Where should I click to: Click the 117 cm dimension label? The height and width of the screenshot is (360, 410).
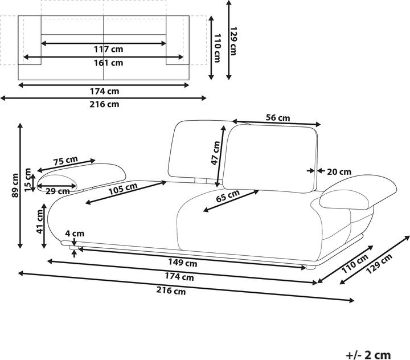[x=109, y=49]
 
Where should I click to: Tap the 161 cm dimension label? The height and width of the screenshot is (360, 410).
[x=109, y=63]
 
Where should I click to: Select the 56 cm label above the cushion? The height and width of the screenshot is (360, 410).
[x=278, y=118]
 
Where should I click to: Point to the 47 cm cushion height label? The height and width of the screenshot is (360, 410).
[x=216, y=153]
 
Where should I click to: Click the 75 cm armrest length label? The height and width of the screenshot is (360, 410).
[x=66, y=161]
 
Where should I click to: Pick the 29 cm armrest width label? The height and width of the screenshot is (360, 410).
[x=58, y=191]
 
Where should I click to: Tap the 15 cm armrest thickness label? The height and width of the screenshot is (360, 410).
[x=27, y=180]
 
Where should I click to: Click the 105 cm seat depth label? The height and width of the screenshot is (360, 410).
[x=123, y=189]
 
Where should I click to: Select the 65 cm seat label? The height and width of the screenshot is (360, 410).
[x=228, y=196]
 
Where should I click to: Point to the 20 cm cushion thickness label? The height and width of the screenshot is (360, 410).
[x=339, y=172]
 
